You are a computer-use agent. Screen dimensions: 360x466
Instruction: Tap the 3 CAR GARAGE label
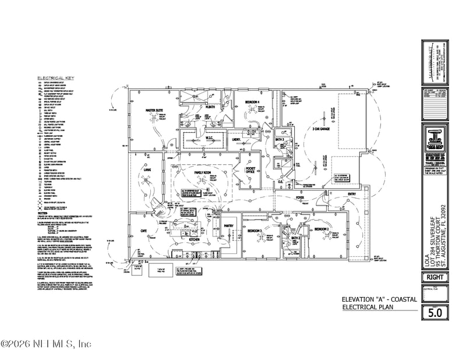[322, 128]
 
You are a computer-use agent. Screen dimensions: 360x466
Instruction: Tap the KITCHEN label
[195, 239]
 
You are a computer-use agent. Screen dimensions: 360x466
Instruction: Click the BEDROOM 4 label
[252, 102]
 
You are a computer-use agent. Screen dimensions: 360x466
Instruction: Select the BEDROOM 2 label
[322, 230]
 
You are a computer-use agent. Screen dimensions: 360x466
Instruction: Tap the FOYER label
[300, 198]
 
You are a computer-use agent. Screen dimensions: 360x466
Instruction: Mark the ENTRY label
[351, 194]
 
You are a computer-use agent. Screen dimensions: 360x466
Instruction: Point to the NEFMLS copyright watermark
[47, 344]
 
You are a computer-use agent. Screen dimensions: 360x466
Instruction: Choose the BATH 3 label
[280, 140]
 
